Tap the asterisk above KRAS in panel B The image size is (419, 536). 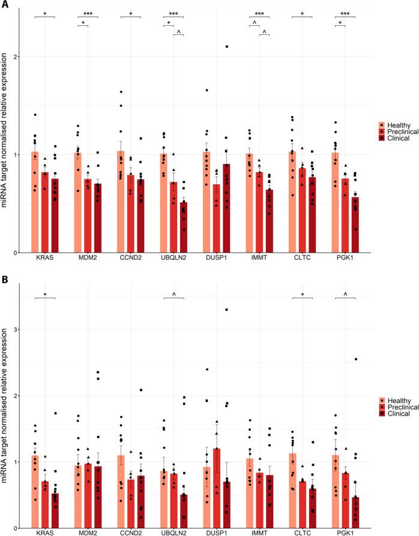[44, 295]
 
